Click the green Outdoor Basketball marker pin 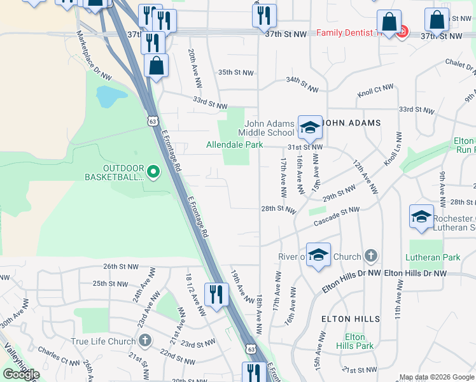153,171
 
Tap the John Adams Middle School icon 310,127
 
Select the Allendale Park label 234,145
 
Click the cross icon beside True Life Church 146,341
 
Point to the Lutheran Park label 433,258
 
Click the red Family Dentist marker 402,32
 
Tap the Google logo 22,374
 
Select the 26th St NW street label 120,267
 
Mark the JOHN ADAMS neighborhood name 352,123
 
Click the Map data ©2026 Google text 437,377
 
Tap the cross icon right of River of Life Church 372,257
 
